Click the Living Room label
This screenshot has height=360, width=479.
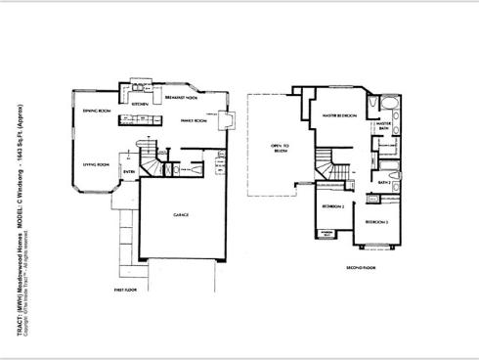(95, 164)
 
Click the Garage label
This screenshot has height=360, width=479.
(180, 214)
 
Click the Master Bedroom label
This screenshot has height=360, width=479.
(341, 114)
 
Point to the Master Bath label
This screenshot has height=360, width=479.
(383, 125)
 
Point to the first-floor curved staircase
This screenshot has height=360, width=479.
(150, 159)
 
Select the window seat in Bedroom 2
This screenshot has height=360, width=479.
(324, 234)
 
